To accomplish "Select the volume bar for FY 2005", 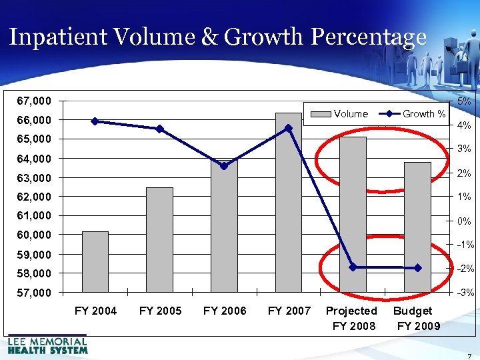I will [159, 239].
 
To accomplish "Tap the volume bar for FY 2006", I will [223, 227].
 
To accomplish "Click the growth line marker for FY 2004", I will [95, 121].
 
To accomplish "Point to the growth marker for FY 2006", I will [224, 166].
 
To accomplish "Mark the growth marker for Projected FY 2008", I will [353, 267].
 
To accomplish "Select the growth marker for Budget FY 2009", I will [417, 268].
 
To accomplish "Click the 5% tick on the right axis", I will [465, 101].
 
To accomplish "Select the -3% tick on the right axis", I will [465, 293].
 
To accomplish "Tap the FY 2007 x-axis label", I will [289, 311].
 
